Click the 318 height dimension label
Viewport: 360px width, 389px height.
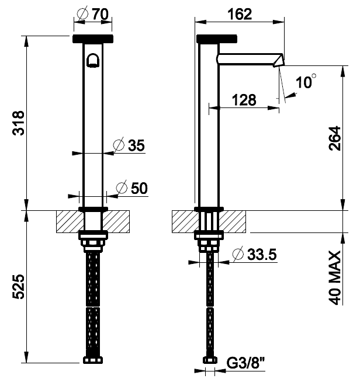coord(19,123)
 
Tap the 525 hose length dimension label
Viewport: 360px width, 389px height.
coord(19,287)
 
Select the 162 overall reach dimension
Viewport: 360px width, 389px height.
coord(240,14)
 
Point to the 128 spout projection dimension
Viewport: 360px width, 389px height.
coord(244,100)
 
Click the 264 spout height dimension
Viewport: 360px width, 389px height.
coord(335,138)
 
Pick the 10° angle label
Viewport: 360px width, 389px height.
coord(306,81)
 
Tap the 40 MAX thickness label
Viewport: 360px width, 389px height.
coord(335,277)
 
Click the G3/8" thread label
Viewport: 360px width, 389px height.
coord(246,363)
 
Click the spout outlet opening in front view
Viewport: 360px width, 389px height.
coord(93,60)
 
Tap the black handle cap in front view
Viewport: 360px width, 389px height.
coord(93,39)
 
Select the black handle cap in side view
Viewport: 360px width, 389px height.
coord(216,39)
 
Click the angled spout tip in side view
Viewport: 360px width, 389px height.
coord(279,60)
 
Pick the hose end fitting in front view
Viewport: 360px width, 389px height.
coord(93,360)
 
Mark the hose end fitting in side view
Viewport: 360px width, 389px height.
coord(210,360)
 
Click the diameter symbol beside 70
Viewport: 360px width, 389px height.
coord(82,14)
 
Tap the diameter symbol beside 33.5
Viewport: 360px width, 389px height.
coord(238,254)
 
